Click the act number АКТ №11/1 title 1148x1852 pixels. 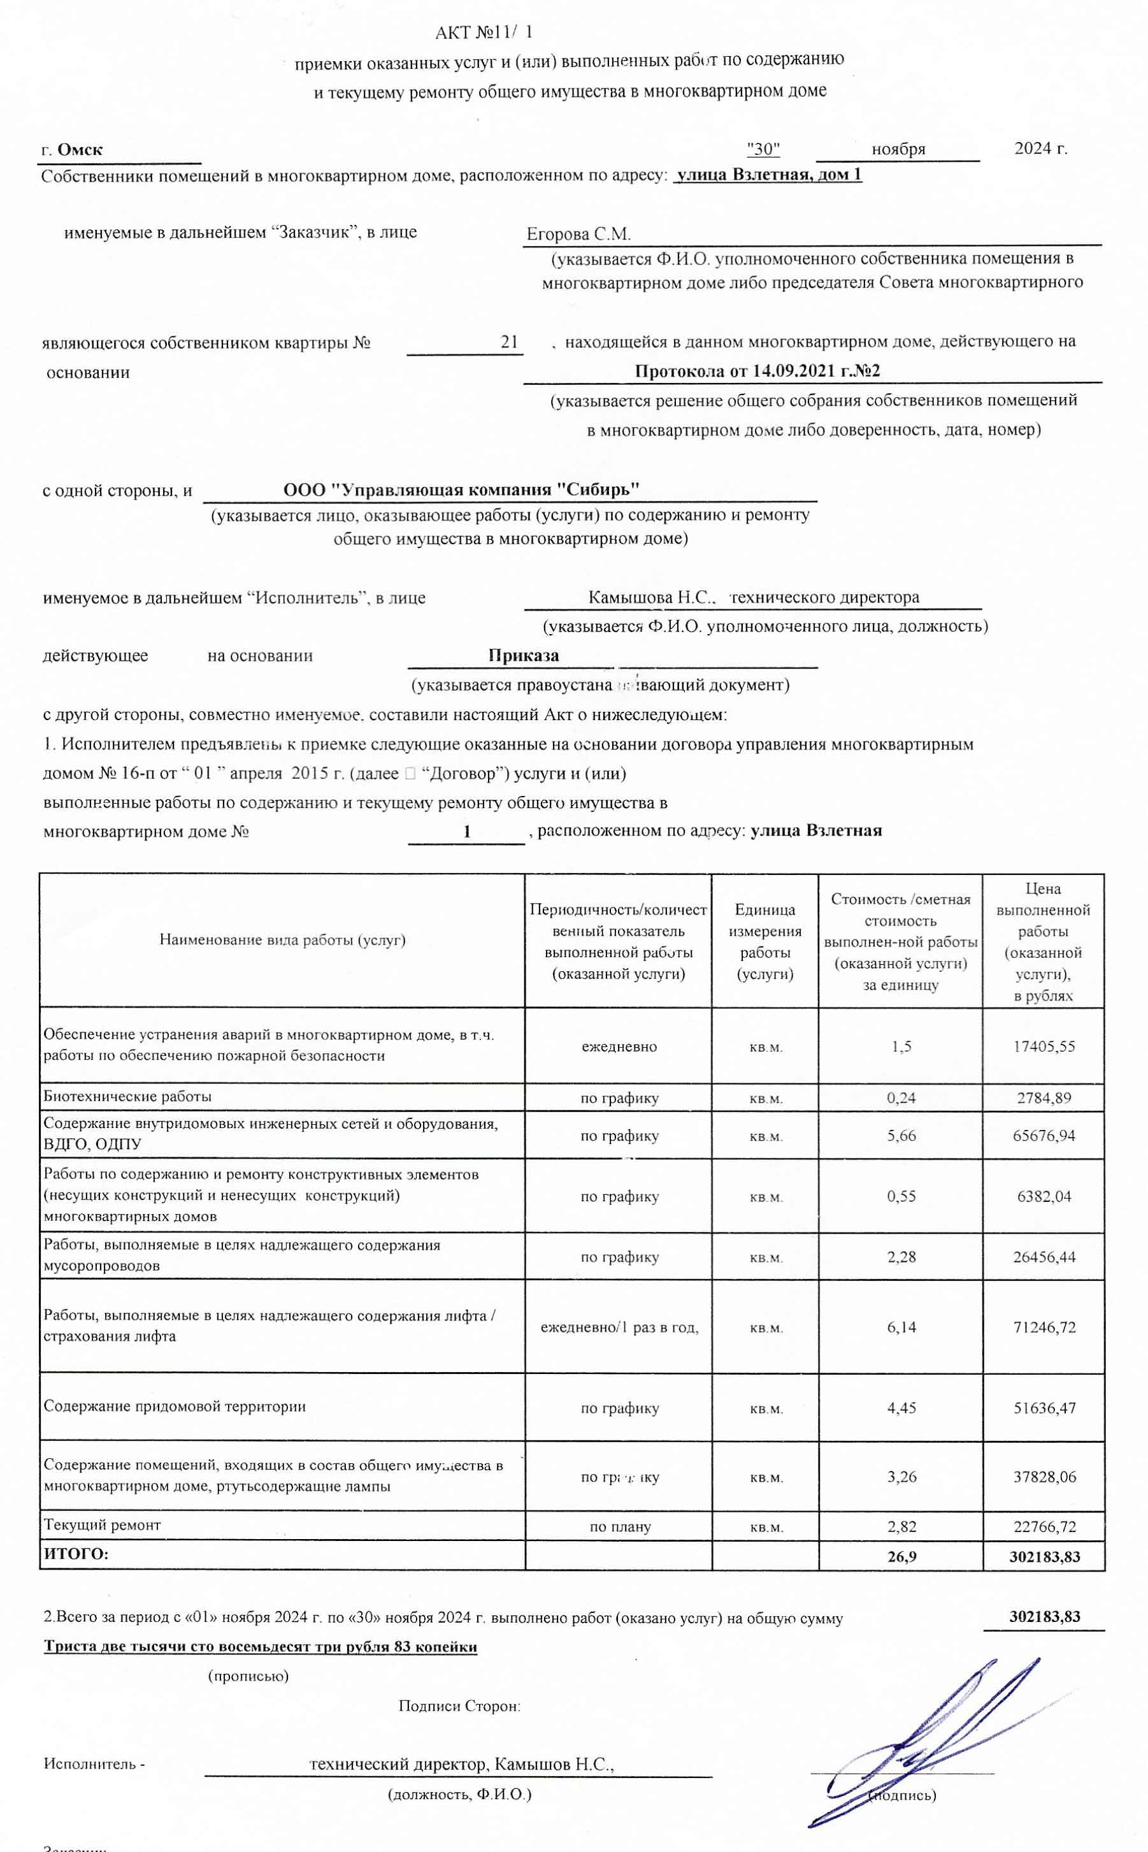(484, 33)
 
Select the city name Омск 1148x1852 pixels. (80, 150)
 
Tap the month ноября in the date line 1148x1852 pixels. (898, 150)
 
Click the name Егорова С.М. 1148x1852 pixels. (578, 234)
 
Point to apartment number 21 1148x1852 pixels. (510, 342)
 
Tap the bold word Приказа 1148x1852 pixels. (524, 655)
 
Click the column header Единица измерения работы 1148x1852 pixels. (764, 941)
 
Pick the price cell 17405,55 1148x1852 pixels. (1044, 1046)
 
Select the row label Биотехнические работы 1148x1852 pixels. (127, 1096)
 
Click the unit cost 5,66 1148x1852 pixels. (901, 1136)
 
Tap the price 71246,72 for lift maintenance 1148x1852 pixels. (1044, 1328)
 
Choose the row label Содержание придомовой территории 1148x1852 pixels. (175, 1407)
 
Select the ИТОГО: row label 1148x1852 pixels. (76, 1554)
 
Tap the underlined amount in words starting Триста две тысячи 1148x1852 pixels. (261, 1647)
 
